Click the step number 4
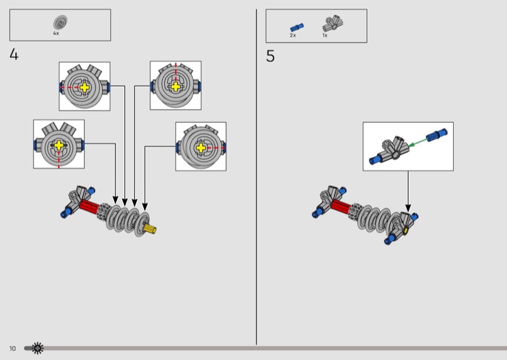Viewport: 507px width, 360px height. (x=14, y=55)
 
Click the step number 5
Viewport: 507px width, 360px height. (x=271, y=56)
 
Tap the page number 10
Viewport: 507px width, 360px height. (x=13, y=349)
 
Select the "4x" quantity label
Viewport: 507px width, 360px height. (x=56, y=33)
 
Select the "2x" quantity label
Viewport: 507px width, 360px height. (x=293, y=35)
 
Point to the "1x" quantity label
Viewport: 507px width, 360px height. (x=324, y=35)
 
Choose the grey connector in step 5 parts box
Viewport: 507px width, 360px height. (x=333, y=25)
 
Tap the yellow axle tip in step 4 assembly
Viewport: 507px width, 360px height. (x=151, y=228)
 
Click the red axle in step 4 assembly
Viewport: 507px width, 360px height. (x=90, y=207)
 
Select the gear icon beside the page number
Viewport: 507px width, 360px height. (x=38, y=348)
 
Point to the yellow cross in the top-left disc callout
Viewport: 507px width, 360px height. (x=84, y=87)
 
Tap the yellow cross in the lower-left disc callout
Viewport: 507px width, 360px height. (x=59, y=145)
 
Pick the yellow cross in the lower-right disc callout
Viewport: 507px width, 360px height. (x=201, y=148)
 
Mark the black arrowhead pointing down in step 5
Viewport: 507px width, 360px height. (x=408, y=207)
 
